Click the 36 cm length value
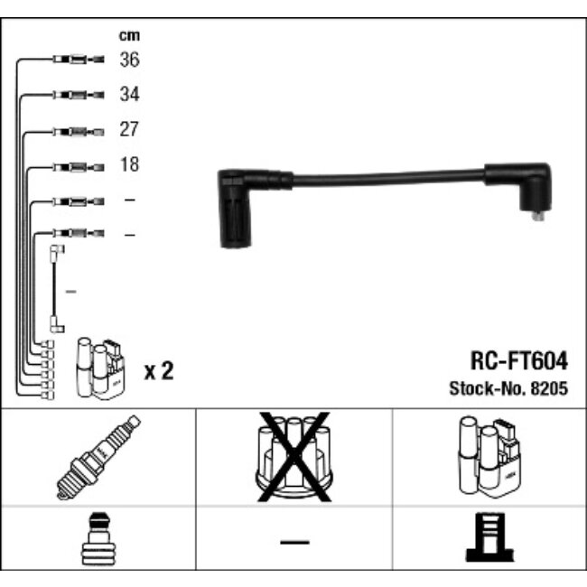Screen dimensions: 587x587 coord(129,60)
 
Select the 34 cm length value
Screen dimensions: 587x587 coord(129,95)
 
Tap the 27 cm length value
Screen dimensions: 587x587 coord(129,130)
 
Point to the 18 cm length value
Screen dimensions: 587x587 coord(129,165)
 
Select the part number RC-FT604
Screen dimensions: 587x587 coord(518,361)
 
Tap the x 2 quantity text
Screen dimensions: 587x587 coord(159,371)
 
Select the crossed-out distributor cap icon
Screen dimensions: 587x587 coord(293,456)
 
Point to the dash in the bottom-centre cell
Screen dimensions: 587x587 coord(293,542)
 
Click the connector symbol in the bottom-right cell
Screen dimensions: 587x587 coord(488,541)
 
